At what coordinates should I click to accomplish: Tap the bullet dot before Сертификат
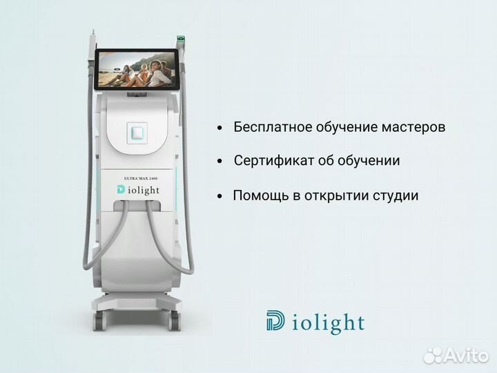pyautogui.click(x=220, y=162)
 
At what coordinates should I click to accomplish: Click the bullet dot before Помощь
pyautogui.click(x=220, y=196)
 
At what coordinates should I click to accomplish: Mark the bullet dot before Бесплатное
pyautogui.click(x=220, y=128)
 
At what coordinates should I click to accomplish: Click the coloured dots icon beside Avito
pyautogui.click(x=433, y=355)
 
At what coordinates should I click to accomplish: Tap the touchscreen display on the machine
pyautogui.click(x=141, y=71)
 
